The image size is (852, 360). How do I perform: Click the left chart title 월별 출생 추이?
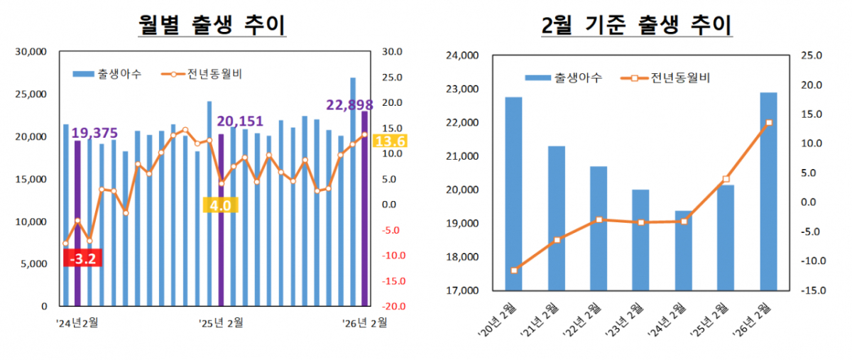tap(212, 26)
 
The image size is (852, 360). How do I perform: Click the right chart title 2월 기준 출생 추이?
tap(637, 26)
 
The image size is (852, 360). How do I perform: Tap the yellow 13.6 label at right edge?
tap(389, 141)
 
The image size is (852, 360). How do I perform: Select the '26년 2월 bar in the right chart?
tap(768, 191)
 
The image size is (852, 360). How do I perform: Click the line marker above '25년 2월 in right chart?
tap(726, 180)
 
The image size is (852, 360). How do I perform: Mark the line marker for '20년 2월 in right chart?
tap(513, 271)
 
